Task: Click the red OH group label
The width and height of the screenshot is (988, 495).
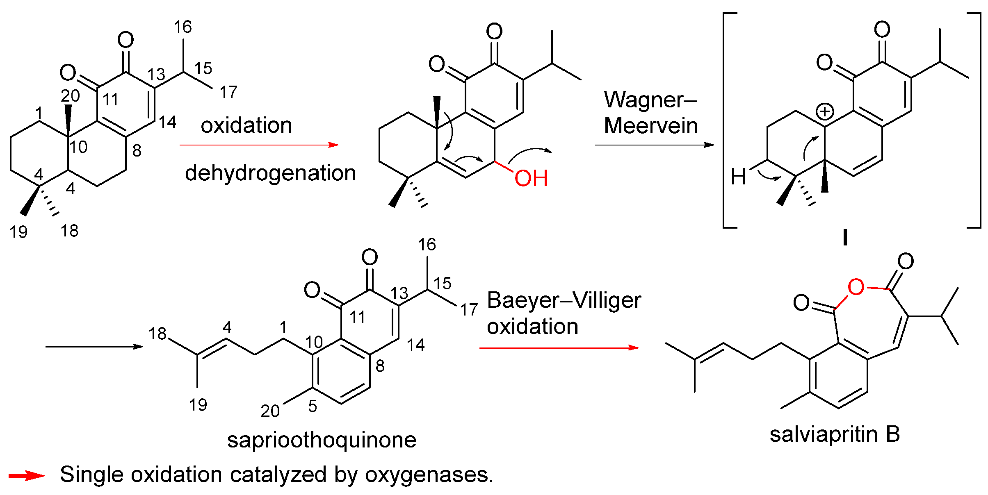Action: point(531,178)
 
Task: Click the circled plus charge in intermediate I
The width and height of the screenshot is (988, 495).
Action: point(825,112)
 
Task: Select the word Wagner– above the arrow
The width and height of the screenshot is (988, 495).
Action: point(650,100)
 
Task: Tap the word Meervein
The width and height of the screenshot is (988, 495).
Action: point(651,125)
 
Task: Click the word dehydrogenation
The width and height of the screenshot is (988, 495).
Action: point(270,173)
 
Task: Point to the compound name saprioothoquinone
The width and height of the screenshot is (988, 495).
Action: point(322,440)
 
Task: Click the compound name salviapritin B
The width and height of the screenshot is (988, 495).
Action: point(835,434)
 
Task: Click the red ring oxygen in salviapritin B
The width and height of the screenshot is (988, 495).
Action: point(856,287)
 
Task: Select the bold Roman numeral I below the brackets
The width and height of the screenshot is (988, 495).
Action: point(845,238)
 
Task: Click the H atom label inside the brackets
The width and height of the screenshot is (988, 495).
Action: point(738,177)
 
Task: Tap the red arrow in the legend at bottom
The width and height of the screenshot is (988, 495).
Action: point(27,476)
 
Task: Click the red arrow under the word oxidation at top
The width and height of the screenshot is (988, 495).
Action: point(259,145)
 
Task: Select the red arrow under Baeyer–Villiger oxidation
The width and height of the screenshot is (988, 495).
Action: point(559,348)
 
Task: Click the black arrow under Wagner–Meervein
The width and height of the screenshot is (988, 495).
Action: point(654,145)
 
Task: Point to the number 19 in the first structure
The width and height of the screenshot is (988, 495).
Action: point(18,232)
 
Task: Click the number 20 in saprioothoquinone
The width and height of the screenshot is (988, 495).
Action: point(270,411)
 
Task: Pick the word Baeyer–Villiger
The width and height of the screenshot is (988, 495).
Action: point(564,300)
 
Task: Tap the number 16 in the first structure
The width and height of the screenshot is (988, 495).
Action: point(183,27)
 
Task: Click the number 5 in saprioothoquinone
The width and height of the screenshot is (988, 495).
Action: point(313,406)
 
